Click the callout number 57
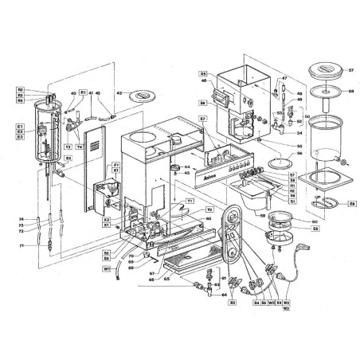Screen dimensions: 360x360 [348, 71]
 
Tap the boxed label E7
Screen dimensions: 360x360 [203, 119]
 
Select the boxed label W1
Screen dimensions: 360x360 [105, 268]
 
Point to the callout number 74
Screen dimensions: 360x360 [22, 219]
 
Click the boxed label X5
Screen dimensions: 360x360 [204, 72]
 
